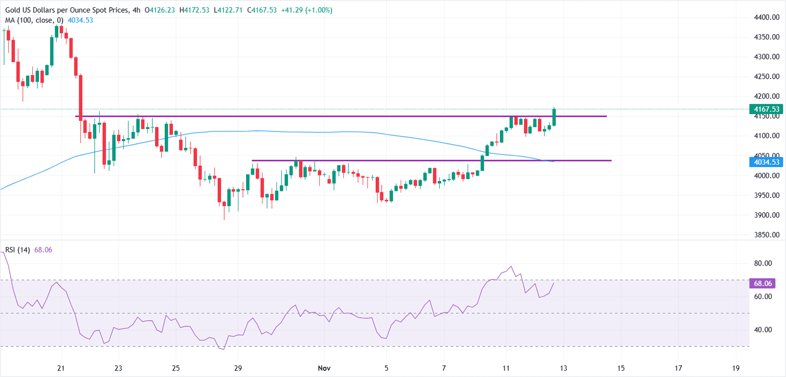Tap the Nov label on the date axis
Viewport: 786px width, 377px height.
323,368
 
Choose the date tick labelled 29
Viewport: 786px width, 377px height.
237,368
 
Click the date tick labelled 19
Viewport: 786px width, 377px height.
736,368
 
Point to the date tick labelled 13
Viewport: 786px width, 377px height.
563,368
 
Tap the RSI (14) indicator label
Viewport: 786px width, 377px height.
17,250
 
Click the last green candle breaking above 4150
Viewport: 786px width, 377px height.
554,117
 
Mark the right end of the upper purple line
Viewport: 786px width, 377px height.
606,116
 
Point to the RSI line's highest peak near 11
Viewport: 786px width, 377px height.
510,267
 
